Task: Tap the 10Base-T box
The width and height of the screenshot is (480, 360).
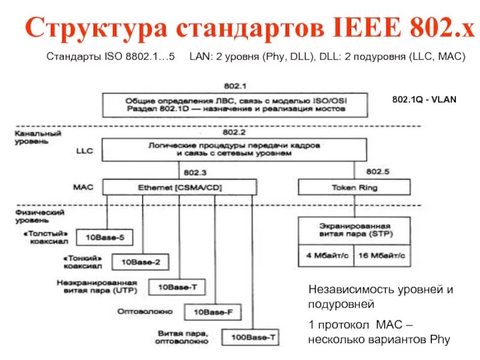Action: click(x=177, y=287)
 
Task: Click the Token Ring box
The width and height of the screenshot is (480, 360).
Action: click(x=354, y=188)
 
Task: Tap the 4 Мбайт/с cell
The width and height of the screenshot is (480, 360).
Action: click(x=323, y=255)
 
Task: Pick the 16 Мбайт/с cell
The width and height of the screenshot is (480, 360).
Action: click(x=382, y=255)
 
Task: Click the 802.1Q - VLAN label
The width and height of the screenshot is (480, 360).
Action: click(x=424, y=100)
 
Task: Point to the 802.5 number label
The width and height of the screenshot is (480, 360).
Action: click(x=377, y=172)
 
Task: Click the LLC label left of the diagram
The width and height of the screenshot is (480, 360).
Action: click(x=85, y=152)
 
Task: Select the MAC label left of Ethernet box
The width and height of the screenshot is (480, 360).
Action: click(x=83, y=187)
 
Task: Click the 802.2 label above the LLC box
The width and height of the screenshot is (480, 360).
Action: click(x=232, y=131)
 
